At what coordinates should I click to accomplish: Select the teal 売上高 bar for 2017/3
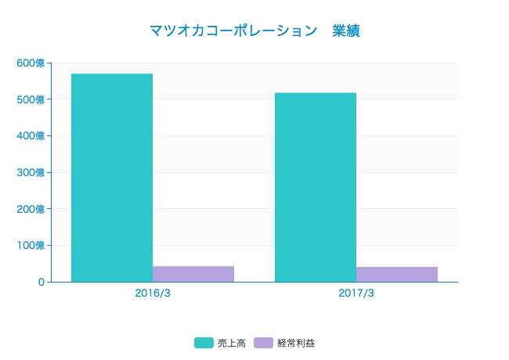316,187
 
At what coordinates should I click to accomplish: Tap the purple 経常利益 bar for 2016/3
193,274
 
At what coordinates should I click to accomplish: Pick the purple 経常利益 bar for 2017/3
397,274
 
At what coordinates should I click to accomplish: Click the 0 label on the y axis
40,282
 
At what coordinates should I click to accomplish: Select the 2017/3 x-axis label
356,294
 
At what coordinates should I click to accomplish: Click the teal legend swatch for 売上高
204,343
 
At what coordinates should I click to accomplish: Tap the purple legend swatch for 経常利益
264,343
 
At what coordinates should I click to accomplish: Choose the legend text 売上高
232,343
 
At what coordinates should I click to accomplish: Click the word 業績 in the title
346,31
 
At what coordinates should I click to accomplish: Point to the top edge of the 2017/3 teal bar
316,93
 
